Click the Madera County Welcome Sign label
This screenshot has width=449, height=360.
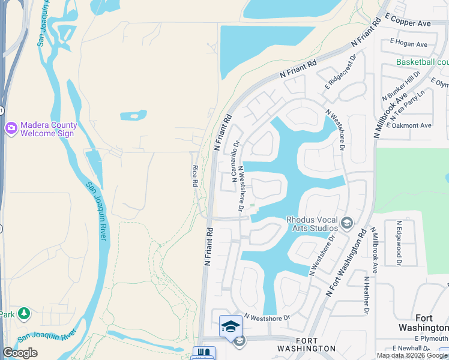coord(49,129)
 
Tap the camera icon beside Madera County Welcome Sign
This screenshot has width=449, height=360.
coord(11,128)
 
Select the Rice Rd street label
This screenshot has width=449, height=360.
coord(195,176)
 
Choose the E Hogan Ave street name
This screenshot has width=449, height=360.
coord(408,44)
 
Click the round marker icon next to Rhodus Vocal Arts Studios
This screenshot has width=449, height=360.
coord(346,223)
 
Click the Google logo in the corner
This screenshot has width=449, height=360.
coord(20,353)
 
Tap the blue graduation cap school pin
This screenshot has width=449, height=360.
coord(231,326)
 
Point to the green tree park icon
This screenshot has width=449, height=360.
coord(23,313)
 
